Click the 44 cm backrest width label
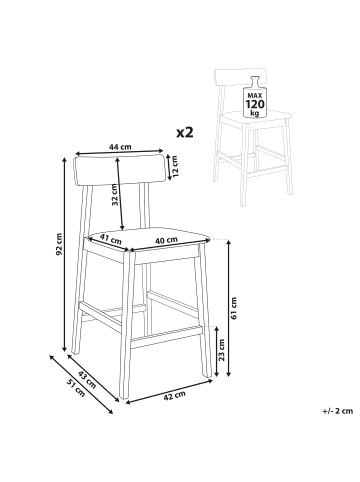[x=120, y=146]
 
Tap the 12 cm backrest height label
[x=176, y=166]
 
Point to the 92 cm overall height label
[x=59, y=244]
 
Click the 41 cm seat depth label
[x=111, y=239]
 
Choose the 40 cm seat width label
[x=166, y=240]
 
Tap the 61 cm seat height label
[x=234, y=308]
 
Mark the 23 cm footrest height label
[x=221, y=350]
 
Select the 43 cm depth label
[x=87, y=379]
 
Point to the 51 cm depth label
[x=76, y=388]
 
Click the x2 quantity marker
[x=185, y=133]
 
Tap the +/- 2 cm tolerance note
[x=337, y=411]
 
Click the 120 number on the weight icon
[x=255, y=104]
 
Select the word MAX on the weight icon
[x=255, y=94]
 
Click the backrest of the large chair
[x=120, y=170]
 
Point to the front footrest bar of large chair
[x=167, y=337]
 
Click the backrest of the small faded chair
[x=241, y=77]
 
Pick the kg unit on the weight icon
[x=255, y=113]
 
